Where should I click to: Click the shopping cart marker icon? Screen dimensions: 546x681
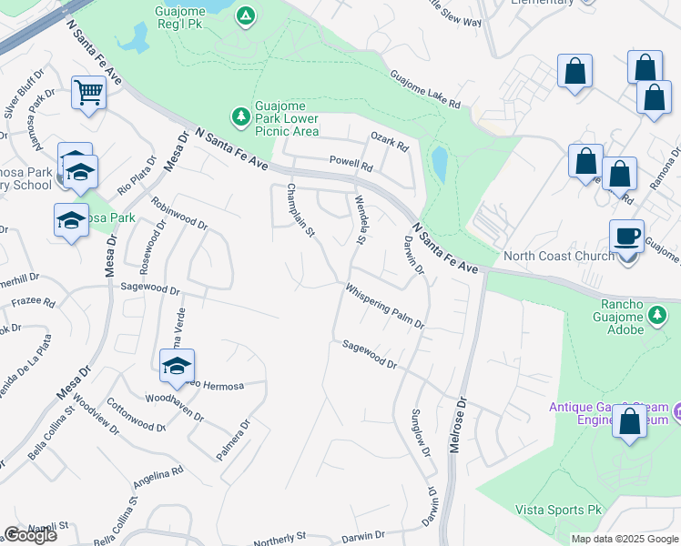(89, 91)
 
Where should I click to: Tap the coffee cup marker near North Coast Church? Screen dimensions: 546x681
(626, 236)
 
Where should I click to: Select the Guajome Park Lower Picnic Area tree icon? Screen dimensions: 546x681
(240, 116)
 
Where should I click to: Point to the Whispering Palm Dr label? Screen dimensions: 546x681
(384, 306)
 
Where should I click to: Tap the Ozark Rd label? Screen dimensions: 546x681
(390, 141)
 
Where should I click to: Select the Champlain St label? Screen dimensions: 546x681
(300, 210)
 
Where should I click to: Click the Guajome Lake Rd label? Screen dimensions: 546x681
(425, 90)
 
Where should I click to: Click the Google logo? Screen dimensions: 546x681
(30, 535)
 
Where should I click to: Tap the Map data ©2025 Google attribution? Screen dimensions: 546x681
(624, 539)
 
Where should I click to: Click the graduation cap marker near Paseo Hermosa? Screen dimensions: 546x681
(177, 366)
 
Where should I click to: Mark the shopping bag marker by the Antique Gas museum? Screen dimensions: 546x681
(629, 422)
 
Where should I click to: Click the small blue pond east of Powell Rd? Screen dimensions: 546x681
(440, 165)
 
